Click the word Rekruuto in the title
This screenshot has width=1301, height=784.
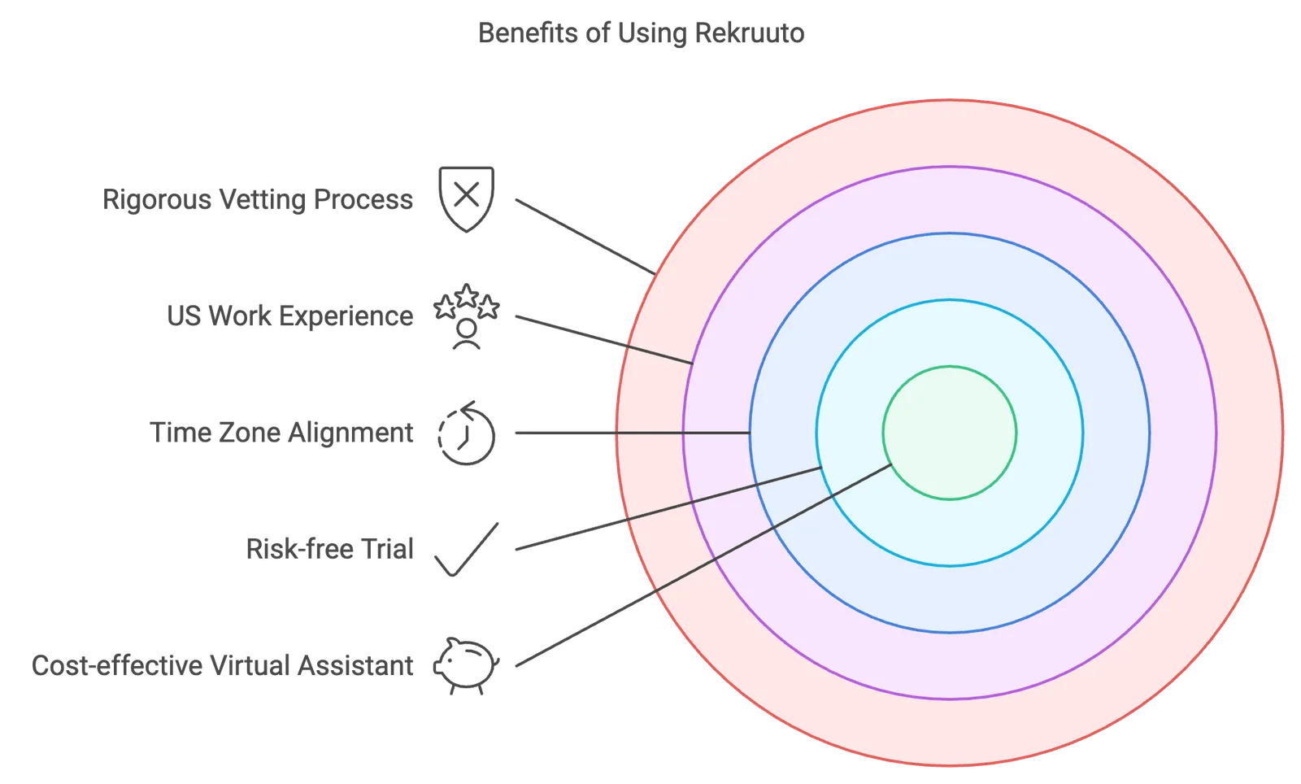pos(749,33)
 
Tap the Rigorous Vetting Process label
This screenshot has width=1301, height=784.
pos(258,200)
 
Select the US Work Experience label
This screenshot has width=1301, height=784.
pos(289,316)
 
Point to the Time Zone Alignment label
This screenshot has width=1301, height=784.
pos(281,433)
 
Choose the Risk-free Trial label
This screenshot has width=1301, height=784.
pos(330,549)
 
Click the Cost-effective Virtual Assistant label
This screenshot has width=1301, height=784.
pos(223,665)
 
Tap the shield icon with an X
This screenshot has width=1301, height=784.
pos(467,199)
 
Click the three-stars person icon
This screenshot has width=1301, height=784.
pos(467,316)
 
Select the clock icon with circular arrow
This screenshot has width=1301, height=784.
pos(467,433)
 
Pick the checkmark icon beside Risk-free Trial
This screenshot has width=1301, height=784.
pos(467,550)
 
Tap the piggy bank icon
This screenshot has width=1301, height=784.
pos(467,665)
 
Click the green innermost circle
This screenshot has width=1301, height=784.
pos(950,433)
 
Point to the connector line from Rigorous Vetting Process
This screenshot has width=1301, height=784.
pos(585,237)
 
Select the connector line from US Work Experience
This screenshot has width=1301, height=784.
pos(604,340)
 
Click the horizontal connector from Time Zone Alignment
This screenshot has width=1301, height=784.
pos(633,433)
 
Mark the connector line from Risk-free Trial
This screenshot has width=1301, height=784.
pos(668,508)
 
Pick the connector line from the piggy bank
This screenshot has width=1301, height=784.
pos(703,565)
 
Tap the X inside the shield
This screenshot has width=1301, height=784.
pos(467,194)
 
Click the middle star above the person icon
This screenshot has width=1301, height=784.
pos(467,295)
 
